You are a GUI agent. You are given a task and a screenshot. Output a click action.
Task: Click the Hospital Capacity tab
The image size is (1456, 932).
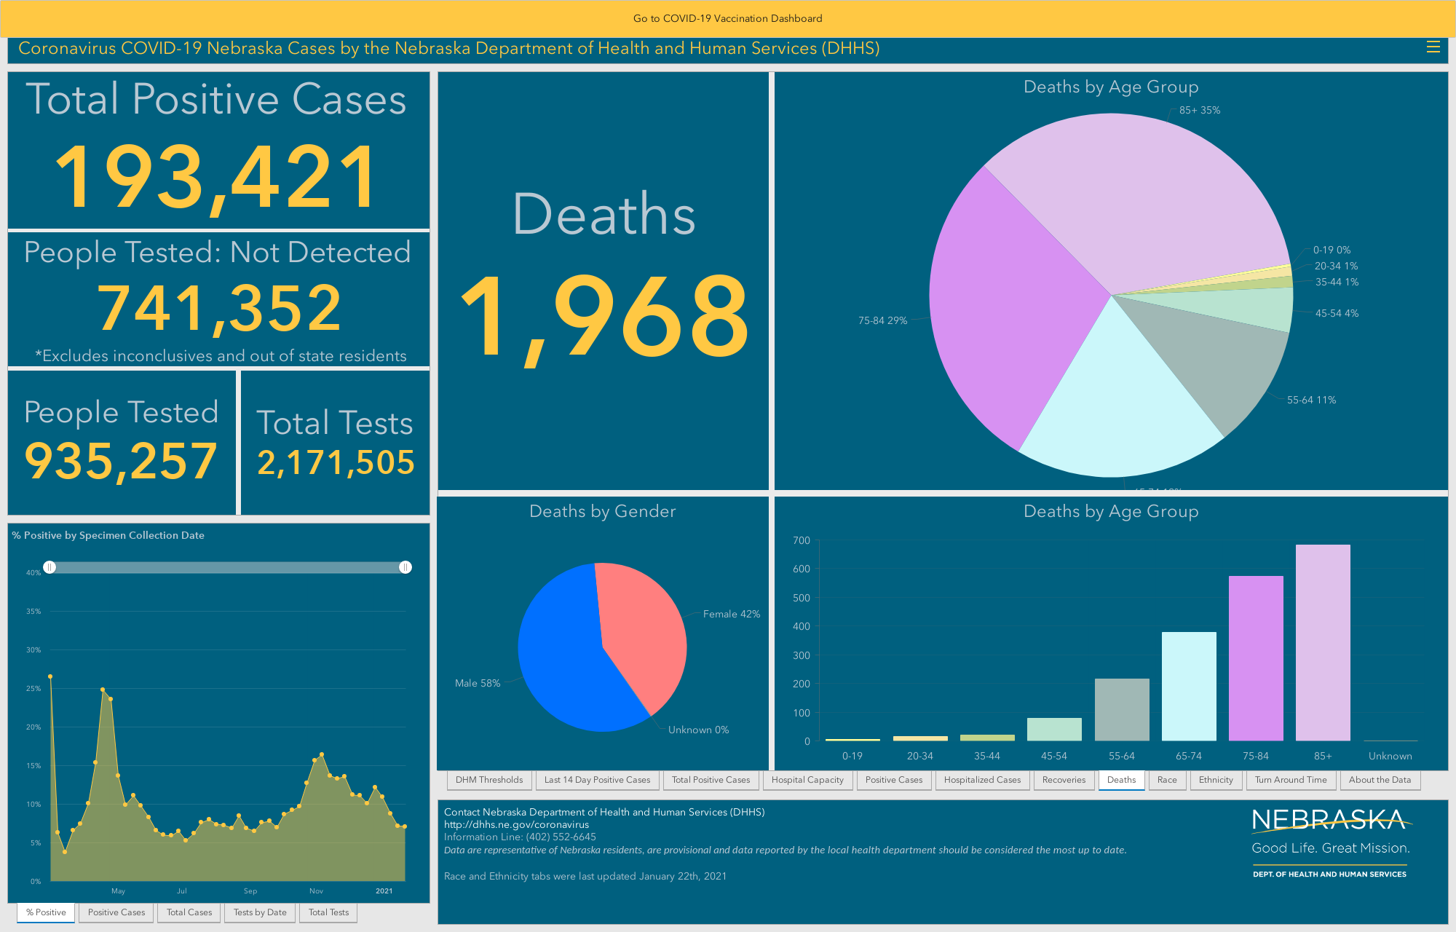807,780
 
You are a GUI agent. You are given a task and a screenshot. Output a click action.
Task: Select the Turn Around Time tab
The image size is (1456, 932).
1291,780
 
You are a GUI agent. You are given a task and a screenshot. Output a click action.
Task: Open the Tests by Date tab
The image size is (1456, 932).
260,912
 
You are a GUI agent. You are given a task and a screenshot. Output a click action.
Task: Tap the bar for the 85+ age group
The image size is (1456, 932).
1323,642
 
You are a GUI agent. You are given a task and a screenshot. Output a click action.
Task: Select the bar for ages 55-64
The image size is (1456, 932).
1122,709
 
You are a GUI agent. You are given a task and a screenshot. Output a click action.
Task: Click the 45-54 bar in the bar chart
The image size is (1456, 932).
1054,729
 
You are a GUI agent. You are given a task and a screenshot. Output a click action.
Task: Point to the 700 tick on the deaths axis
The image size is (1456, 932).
801,540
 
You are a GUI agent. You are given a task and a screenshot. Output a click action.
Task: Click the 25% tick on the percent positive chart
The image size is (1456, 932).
33,688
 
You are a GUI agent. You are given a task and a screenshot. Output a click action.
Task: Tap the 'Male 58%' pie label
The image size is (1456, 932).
478,683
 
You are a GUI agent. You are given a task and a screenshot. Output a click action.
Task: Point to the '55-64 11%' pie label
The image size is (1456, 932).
1311,400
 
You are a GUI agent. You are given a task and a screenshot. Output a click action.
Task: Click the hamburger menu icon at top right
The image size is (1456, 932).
1433,47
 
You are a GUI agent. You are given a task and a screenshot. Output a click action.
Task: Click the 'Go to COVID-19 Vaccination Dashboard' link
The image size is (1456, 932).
727,18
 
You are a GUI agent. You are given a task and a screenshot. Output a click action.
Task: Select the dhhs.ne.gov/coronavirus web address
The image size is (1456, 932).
516,824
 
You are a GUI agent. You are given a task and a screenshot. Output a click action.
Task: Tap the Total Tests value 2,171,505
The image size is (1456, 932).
336,462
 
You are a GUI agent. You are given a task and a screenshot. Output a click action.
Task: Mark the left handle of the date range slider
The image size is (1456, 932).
50,567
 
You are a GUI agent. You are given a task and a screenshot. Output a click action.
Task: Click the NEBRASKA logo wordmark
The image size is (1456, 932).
1329,821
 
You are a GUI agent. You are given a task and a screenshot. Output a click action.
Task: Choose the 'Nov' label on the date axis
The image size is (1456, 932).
316,890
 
